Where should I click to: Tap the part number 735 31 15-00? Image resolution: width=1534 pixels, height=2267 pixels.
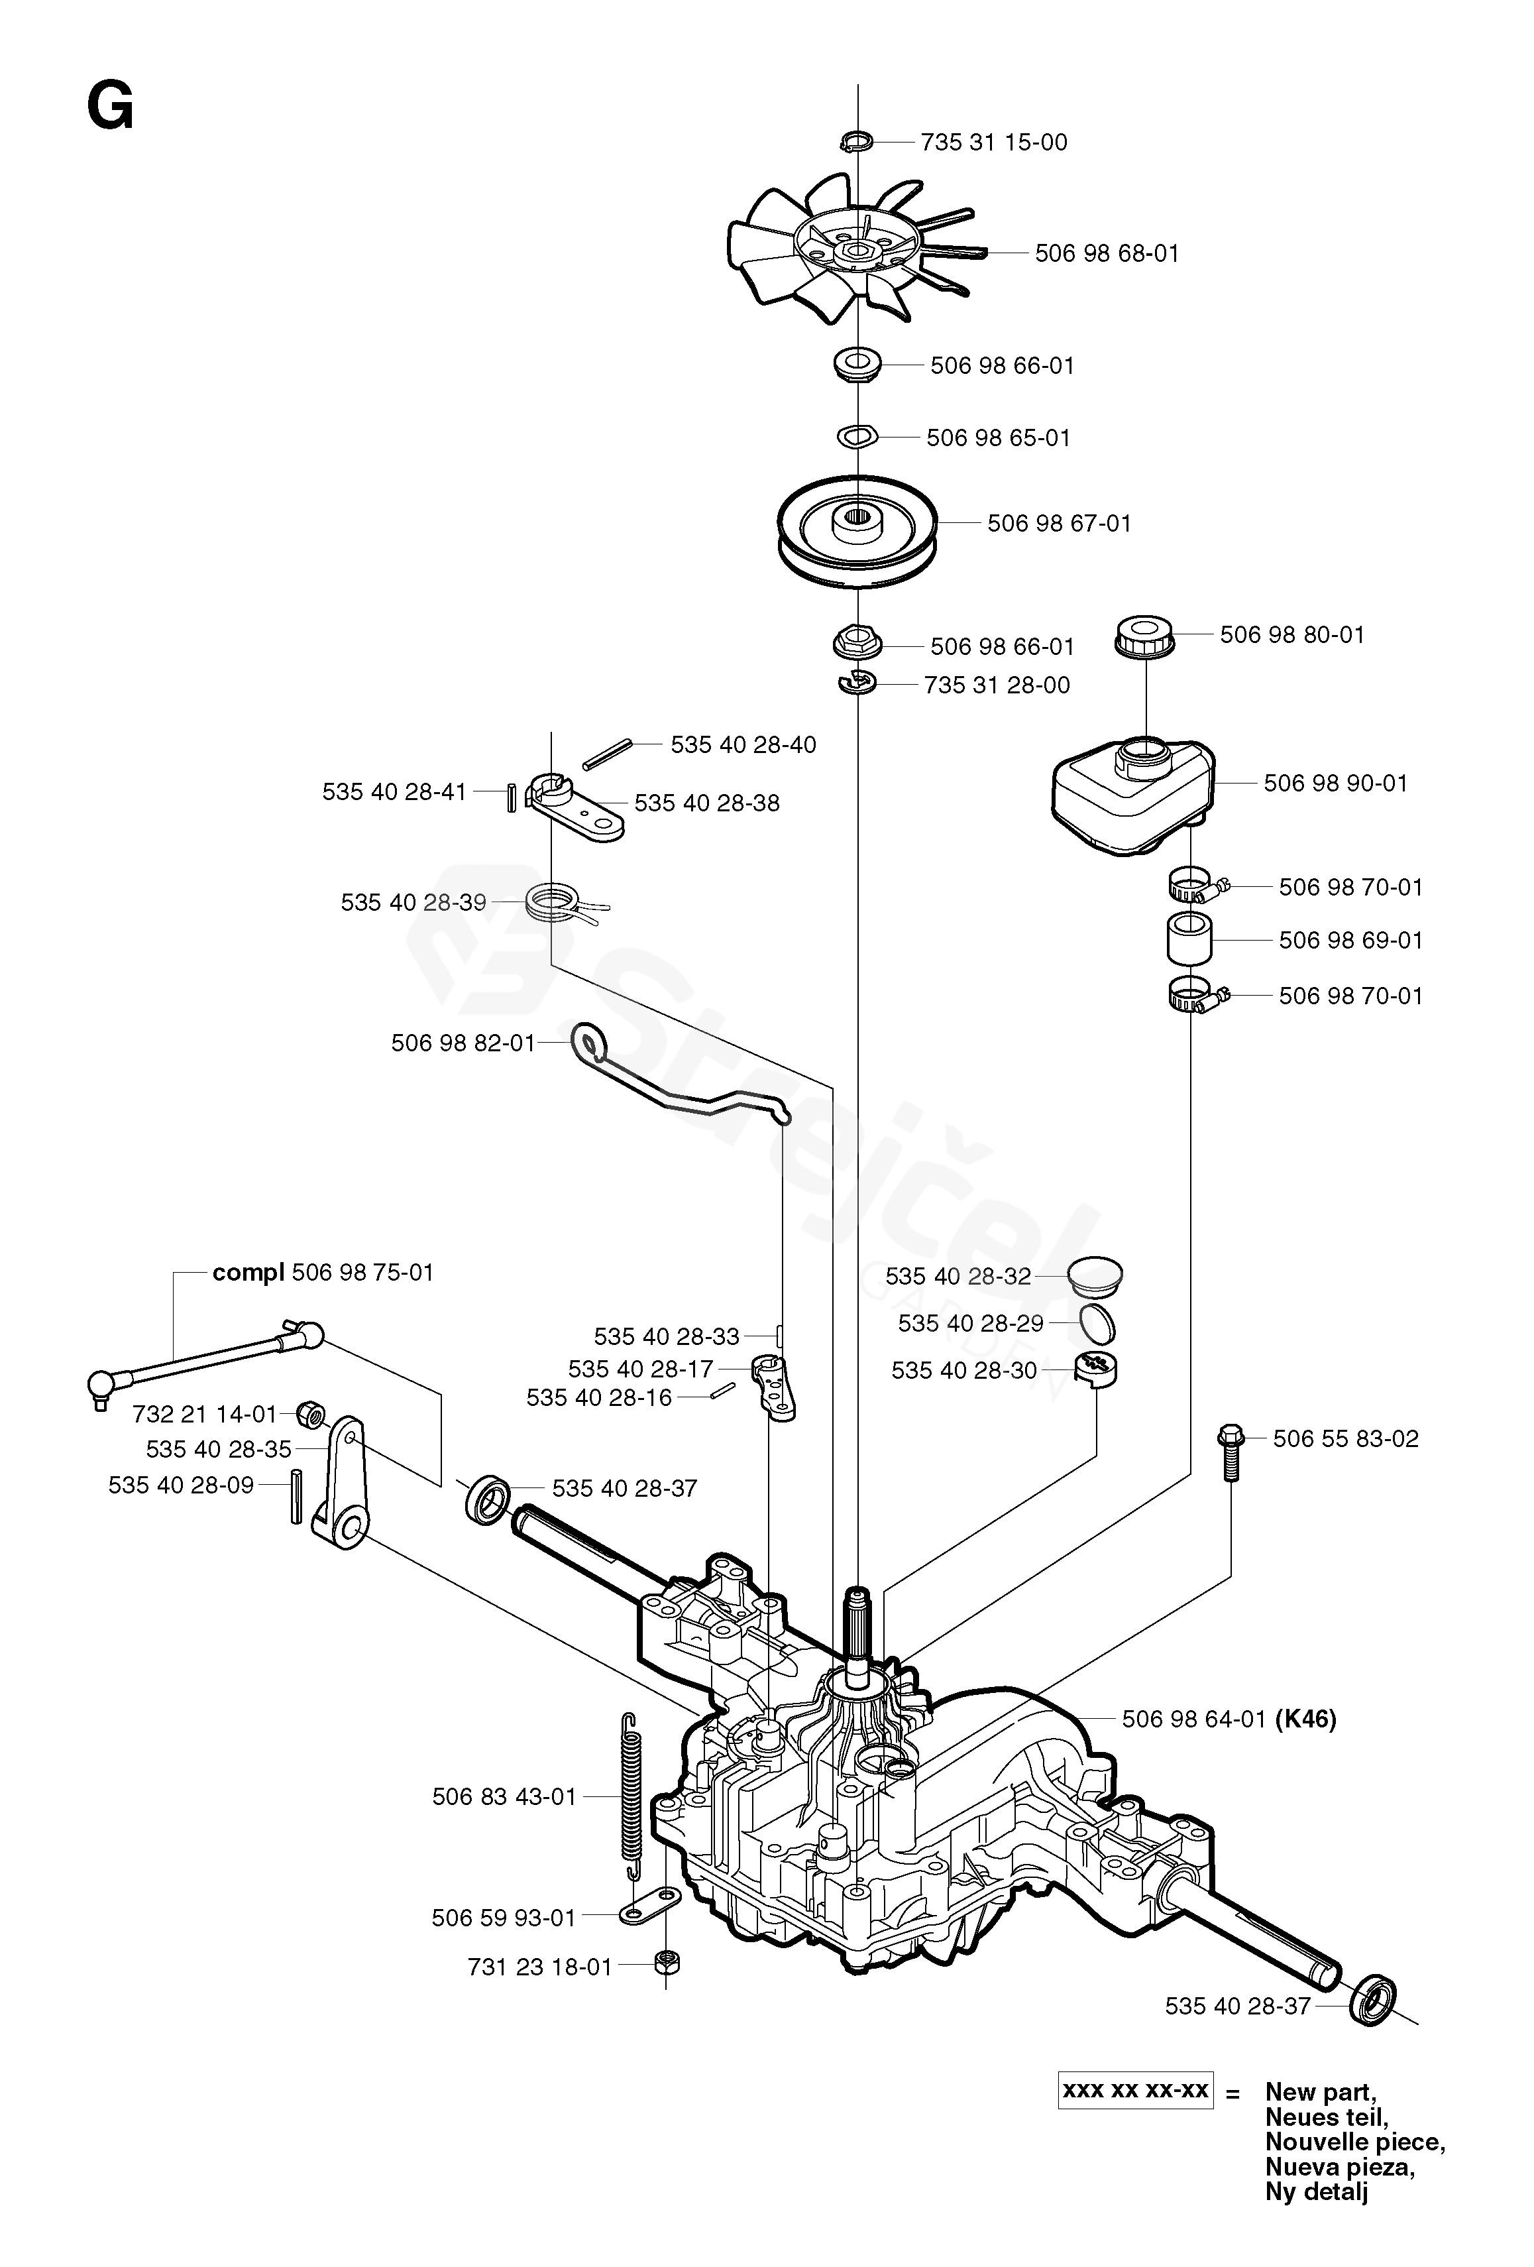pos(994,143)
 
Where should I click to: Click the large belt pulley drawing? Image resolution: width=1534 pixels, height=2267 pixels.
pos(857,532)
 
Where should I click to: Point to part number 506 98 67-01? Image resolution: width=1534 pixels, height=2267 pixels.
pos(1059,524)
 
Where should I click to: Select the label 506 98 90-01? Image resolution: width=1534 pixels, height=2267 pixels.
pos(1335,784)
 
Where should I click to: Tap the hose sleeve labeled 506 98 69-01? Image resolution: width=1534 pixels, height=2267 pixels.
pos(1189,939)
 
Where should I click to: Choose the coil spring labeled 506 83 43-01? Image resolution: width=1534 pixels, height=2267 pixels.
pos(633,1795)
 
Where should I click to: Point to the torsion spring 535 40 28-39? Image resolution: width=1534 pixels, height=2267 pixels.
pos(563,901)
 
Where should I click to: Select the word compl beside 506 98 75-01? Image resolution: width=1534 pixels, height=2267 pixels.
pos(248,1273)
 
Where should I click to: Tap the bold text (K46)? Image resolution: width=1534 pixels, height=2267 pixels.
pos(1306,1719)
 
